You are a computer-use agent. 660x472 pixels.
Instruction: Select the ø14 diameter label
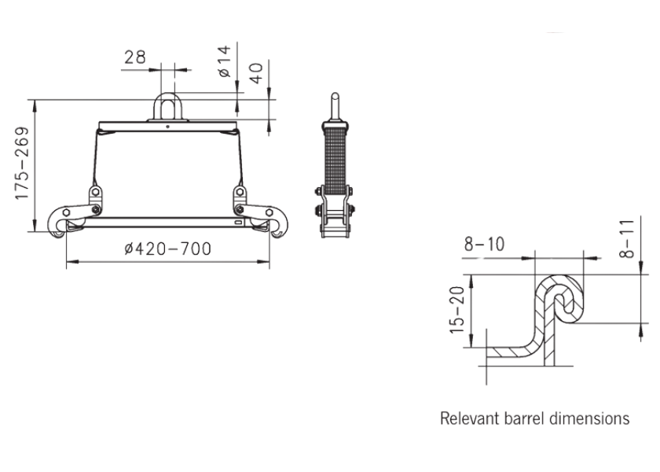point(224,61)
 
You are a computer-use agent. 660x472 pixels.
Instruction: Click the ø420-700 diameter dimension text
point(167,249)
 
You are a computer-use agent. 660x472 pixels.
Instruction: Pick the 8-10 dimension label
point(486,245)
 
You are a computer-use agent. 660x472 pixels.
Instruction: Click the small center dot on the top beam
point(167,125)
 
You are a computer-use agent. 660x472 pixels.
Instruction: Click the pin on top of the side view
point(334,105)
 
